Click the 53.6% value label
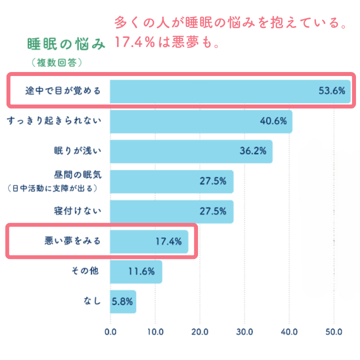click(331, 91)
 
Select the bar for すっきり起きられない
click(200, 121)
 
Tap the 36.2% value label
click(252, 151)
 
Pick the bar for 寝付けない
click(171, 211)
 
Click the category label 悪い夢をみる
click(73, 241)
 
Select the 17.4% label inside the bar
click(168, 241)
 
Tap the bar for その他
click(135, 271)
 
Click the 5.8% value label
click(123, 301)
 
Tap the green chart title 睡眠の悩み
click(66, 44)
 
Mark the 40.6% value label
click(273, 121)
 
